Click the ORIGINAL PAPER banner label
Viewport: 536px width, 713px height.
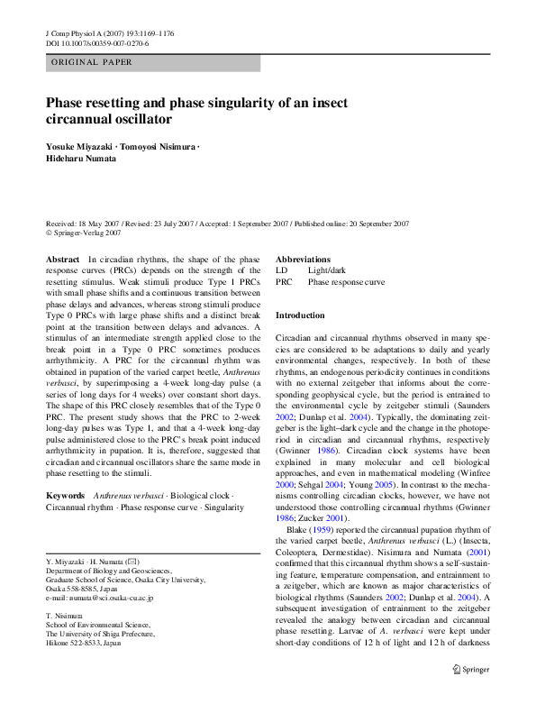click(94, 63)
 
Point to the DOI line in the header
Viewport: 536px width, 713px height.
click(97, 43)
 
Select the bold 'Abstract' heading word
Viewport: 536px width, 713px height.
click(62, 259)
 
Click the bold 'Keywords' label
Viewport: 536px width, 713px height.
click(65, 496)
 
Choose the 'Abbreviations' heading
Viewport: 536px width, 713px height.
click(303, 259)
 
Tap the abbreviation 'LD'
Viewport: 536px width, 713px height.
click(281, 270)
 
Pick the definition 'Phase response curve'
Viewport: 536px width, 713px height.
click(346, 282)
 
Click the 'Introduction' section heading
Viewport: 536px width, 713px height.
click(300, 315)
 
